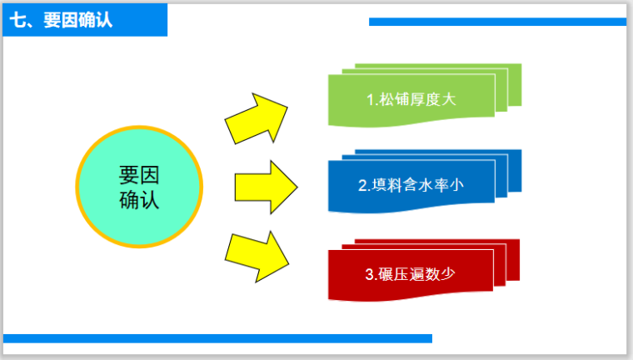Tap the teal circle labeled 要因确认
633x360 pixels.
pos(139,187)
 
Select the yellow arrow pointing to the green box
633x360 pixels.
pos(257,117)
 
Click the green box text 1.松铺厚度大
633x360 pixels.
pos(411,99)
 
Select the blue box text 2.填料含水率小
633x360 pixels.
pos(411,185)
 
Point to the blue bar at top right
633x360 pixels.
pos(497,22)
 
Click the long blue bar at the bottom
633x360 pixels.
pos(217,338)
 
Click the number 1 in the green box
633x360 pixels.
pos(371,100)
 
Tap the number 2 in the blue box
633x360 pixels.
pos(362,186)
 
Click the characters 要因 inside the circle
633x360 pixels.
pos(139,175)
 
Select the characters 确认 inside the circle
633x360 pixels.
pos(139,200)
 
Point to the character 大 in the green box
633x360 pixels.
pos(450,99)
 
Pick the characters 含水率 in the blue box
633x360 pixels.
pos(426,185)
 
